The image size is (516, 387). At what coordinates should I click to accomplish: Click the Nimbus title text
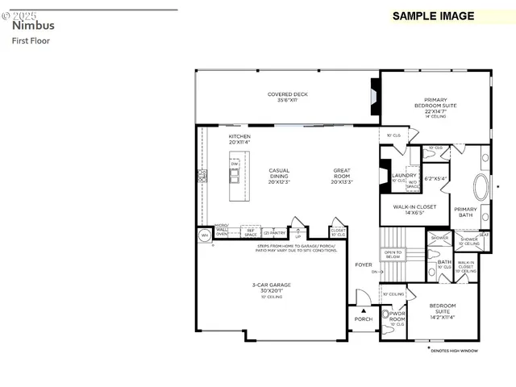pyautogui.click(x=33, y=25)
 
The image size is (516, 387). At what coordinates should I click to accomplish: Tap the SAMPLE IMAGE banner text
pyautogui.click(x=433, y=16)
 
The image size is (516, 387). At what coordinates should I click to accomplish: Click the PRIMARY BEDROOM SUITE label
pyautogui.click(x=435, y=104)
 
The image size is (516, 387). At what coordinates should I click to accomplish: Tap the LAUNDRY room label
pyautogui.click(x=403, y=175)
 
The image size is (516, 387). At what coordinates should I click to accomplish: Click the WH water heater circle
pyautogui.click(x=204, y=235)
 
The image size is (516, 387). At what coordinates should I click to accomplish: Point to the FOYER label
pyautogui.click(x=364, y=264)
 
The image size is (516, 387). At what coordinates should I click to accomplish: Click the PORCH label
pyautogui.click(x=364, y=319)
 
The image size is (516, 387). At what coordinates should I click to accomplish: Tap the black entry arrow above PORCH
pyautogui.click(x=364, y=310)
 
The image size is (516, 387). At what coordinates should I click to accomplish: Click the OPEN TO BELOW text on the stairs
pyautogui.click(x=393, y=255)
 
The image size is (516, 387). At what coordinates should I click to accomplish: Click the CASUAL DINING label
pyautogui.click(x=279, y=173)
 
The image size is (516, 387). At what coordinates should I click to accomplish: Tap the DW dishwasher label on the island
pyautogui.click(x=235, y=164)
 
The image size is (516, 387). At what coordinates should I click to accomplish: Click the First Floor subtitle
pyautogui.click(x=31, y=40)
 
